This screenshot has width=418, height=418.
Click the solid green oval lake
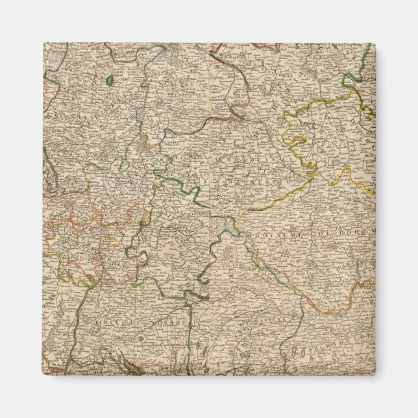pyautogui.click(x=109, y=80)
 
